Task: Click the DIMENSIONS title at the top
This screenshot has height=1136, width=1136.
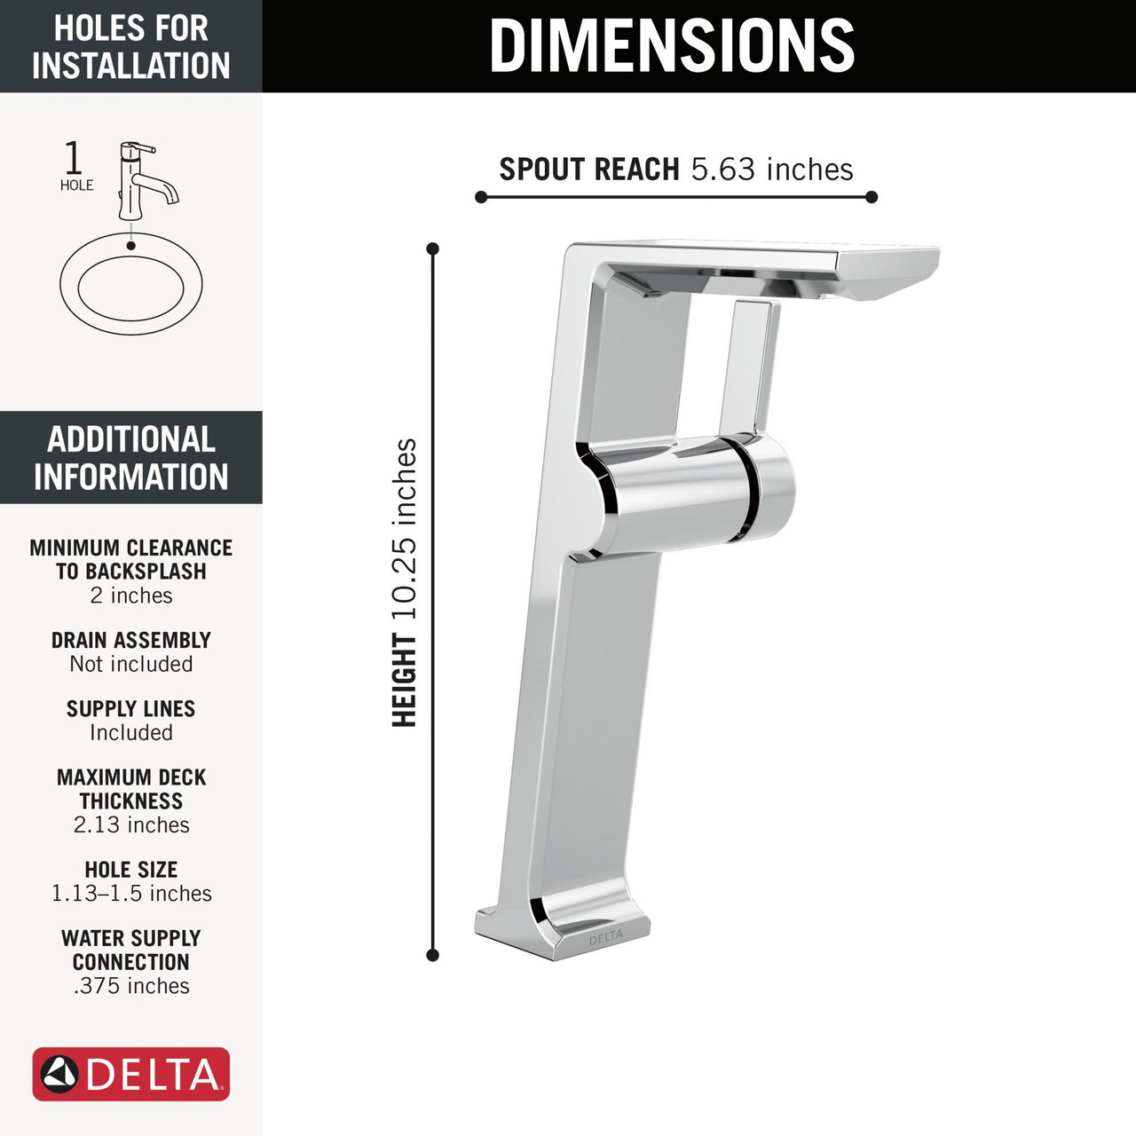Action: [x=672, y=45]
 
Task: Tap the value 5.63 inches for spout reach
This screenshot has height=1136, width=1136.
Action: [x=771, y=169]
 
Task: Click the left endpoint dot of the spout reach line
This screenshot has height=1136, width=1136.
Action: [x=481, y=197]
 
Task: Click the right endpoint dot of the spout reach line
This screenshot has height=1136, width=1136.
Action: [x=872, y=197]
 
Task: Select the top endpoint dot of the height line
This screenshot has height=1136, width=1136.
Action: [x=433, y=248]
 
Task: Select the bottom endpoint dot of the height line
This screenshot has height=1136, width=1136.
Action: [x=433, y=955]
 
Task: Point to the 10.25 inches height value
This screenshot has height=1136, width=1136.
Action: [x=405, y=530]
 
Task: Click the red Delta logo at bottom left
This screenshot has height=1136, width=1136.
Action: [x=131, y=1075]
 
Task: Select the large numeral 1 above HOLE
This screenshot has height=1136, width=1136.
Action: [x=74, y=158]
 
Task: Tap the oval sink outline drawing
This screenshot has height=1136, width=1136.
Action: [x=131, y=285]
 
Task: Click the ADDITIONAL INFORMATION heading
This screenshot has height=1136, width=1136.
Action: [x=131, y=458]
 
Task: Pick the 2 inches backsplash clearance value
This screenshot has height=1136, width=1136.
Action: [x=131, y=596]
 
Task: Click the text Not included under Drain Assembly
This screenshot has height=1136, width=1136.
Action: [x=131, y=664]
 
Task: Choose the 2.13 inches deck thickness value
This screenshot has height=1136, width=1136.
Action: [x=131, y=824]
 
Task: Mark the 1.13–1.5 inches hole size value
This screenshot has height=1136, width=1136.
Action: [x=131, y=893]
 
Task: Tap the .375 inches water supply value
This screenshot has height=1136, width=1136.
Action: [x=131, y=985]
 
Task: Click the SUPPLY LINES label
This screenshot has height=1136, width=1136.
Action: [x=131, y=708]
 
